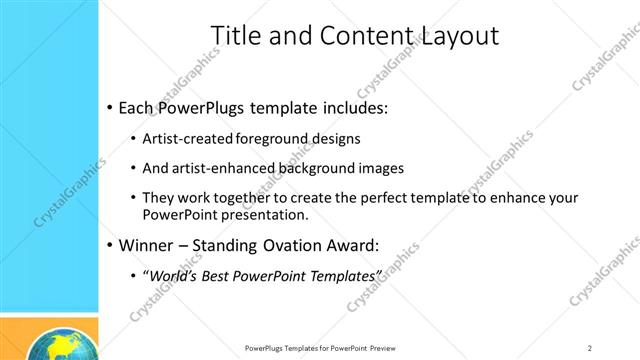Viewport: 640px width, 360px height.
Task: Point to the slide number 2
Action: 590,348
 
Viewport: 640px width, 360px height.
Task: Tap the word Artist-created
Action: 189,138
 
